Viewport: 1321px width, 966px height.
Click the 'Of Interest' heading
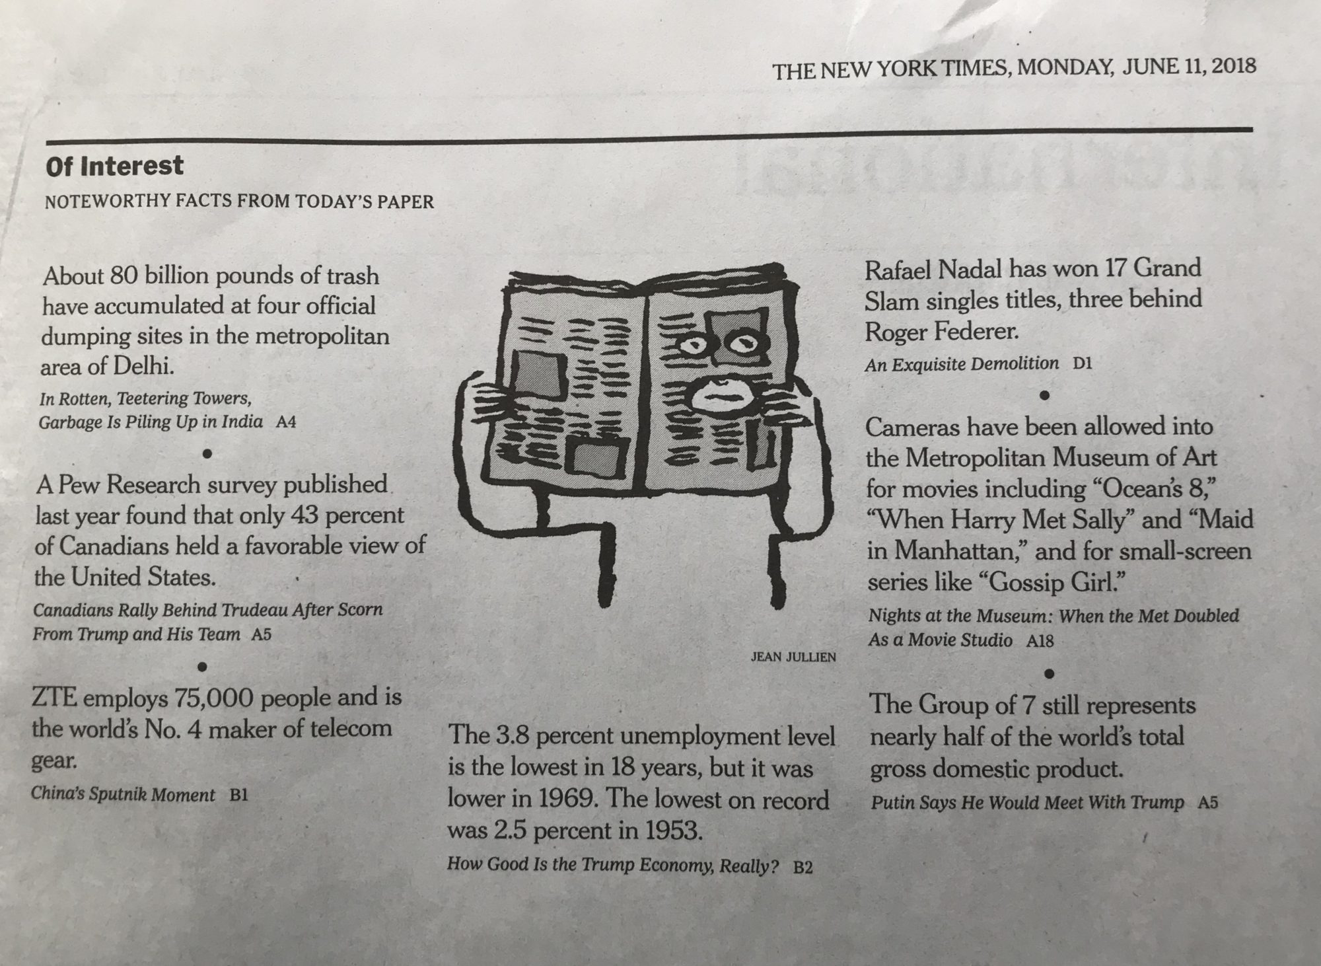click(x=114, y=166)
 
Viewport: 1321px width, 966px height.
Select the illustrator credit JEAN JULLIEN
click(x=793, y=657)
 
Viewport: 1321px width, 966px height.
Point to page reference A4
click(x=285, y=422)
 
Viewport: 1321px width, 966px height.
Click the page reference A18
click(x=1040, y=640)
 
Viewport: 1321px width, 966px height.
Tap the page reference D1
click(x=1082, y=363)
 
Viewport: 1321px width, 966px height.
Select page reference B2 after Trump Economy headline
click(x=802, y=867)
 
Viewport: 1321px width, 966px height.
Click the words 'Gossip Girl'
click(x=1052, y=582)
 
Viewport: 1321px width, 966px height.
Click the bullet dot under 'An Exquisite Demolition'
click(x=1044, y=395)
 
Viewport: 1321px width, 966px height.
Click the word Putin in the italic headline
click(x=891, y=803)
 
